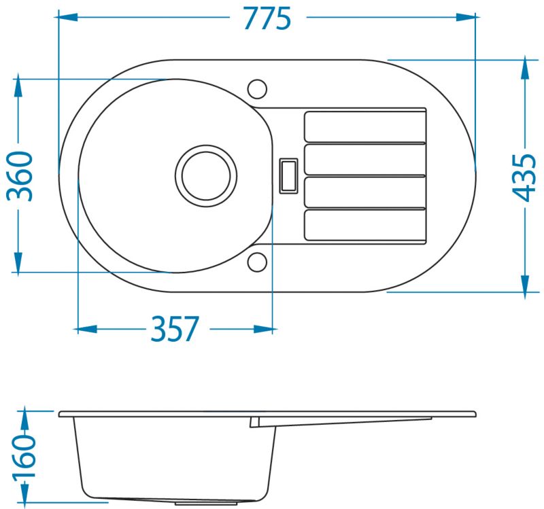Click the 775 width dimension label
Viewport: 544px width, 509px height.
[267, 18]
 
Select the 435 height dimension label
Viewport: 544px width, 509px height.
[524, 177]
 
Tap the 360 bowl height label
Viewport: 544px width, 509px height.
[20, 176]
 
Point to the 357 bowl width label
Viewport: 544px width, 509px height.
[175, 328]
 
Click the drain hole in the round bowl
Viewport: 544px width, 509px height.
[206, 176]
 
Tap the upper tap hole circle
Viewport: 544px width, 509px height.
[258, 89]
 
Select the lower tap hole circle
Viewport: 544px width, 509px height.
[258, 262]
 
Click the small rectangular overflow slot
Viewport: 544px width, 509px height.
[288, 176]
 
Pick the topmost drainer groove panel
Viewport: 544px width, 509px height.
[365, 126]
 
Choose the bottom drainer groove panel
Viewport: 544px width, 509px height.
[365, 226]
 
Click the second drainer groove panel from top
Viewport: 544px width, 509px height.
[365, 160]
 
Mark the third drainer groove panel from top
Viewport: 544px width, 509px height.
[365, 192]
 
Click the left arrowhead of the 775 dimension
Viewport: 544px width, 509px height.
[68, 17]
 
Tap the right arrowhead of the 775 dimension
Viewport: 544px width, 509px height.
[466, 17]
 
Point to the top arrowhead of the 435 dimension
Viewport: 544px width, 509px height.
[525, 69]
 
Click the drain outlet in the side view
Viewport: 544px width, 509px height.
[206, 502]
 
